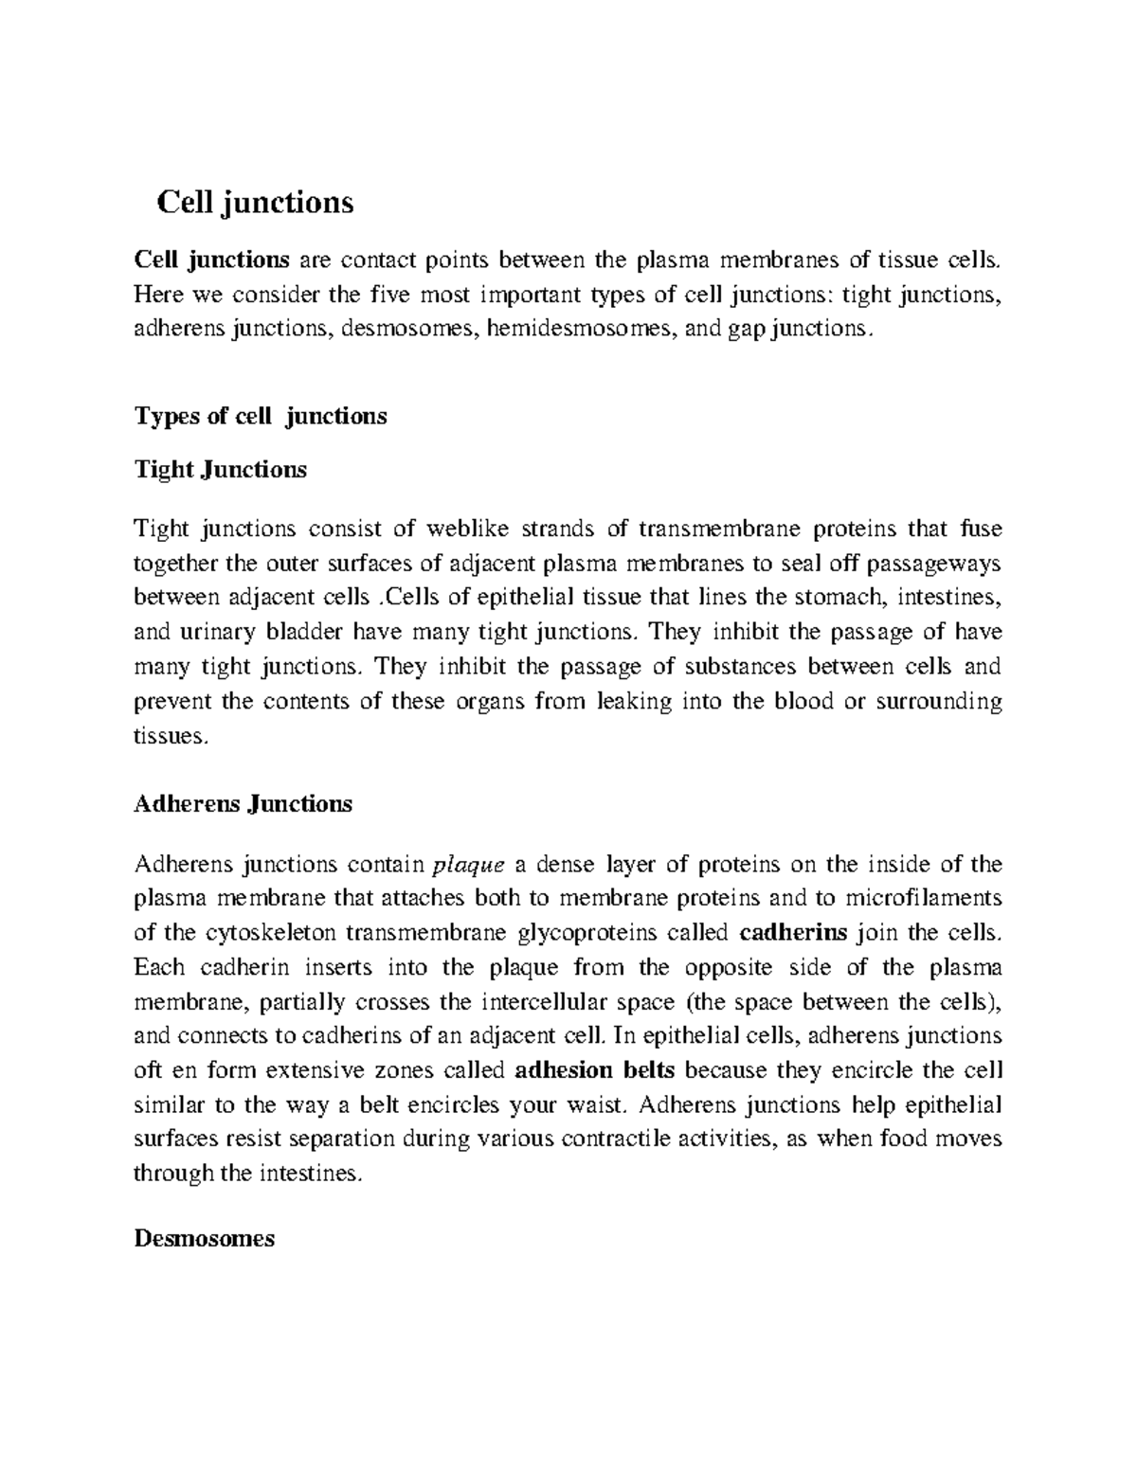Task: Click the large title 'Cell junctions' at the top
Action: point(255,202)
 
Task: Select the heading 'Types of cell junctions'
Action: point(261,416)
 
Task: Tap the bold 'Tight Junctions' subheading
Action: point(221,469)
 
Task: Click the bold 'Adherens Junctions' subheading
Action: point(244,804)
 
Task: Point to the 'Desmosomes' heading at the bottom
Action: point(205,1238)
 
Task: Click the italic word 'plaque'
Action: point(464,864)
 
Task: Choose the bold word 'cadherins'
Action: point(792,933)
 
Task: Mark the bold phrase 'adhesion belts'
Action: point(595,1071)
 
